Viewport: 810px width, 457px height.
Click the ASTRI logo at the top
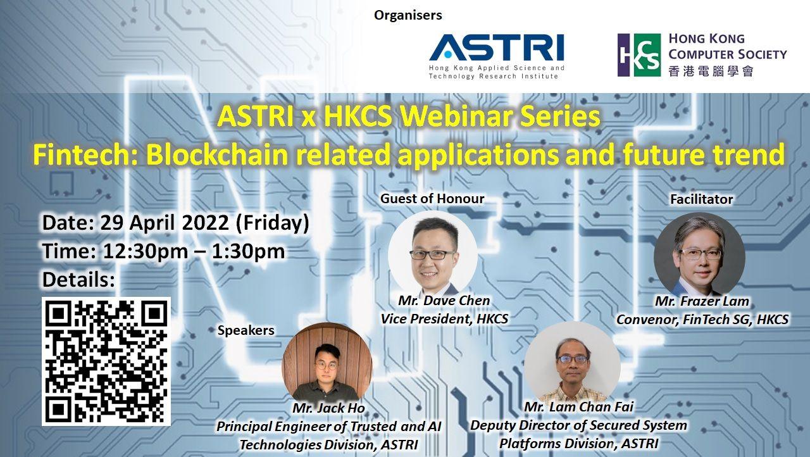coord(497,57)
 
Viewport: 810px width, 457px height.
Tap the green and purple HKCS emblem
coord(639,55)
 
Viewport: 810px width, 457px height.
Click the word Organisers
coord(408,15)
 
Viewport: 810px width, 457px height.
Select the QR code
coord(106,361)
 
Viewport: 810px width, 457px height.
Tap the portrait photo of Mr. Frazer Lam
coord(699,255)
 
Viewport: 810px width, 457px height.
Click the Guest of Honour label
coord(432,199)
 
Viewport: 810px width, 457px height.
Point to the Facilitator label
coord(702,199)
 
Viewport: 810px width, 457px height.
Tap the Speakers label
coord(246,330)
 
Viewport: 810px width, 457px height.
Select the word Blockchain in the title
coord(217,154)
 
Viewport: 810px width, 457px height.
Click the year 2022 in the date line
coord(205,222)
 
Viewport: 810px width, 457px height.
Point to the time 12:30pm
coord(146,251)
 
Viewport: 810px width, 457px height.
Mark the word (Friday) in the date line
coord(272,223)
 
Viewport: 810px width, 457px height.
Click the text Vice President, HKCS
coord(444,319)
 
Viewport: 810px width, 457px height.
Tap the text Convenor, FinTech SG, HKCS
coord(702,320)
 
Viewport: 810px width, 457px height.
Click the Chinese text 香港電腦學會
coord(711,71)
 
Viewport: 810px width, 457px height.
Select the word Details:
coord(79,280)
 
